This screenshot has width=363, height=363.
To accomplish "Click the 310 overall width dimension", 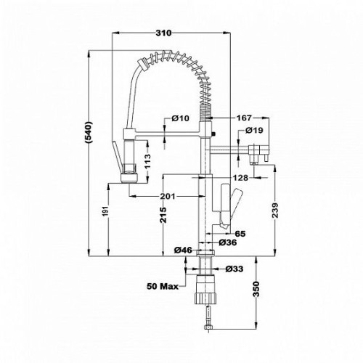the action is [x=163, y=33].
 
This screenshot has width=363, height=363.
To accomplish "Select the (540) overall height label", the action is [x=89, y=132].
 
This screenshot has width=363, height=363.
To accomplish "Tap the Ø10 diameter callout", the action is [x=180, y=118].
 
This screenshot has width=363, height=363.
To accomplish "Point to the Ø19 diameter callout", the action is [x=254, y=130].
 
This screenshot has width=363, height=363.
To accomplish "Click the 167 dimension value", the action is [x=244, y=118].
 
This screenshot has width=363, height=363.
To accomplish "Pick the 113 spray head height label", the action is [x=147, y=161].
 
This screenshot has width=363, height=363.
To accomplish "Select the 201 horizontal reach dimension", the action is [x=168, y=196].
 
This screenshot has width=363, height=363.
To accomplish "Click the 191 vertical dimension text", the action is [x=105, y=212].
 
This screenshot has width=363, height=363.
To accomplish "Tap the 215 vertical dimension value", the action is [x=163, y=215].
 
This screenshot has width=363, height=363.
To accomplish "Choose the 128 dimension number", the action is [x=240, y=178].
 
